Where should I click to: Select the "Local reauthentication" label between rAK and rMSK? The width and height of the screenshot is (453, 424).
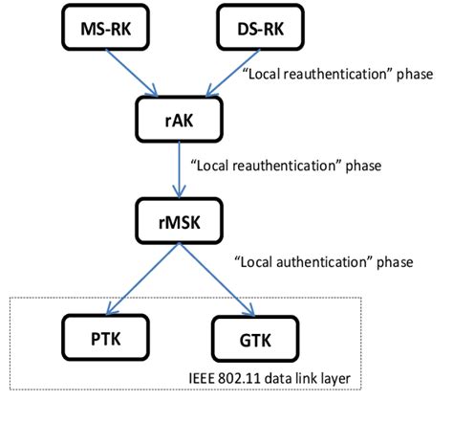point(287,165)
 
